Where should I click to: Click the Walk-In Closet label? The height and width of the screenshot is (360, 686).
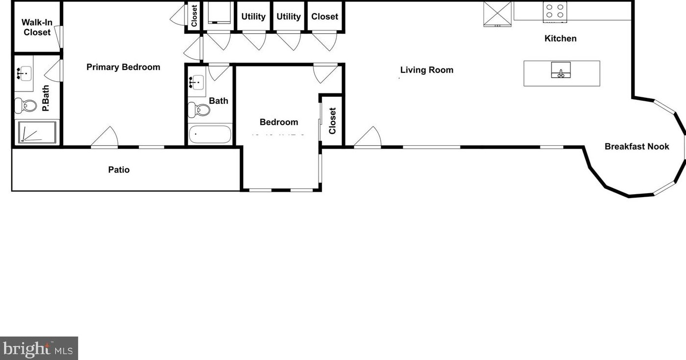(x=37, y=27)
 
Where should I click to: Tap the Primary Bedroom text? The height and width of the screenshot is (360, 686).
(x=123, y=67)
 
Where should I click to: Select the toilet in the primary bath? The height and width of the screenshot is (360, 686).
(x=26, y=105)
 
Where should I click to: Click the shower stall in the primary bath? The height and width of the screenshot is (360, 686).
(x=37, y=132)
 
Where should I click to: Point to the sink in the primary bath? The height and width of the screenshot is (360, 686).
(x=23, y=74)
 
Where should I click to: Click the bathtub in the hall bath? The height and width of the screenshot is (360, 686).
(x=210, y=135)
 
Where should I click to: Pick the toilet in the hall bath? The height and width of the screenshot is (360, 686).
(x=200, y=110)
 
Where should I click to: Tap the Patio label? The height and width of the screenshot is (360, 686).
(x=119, y=170)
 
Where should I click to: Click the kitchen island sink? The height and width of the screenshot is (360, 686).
(x=561, y=70)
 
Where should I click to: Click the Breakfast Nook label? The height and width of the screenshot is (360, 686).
(x=637, y=146)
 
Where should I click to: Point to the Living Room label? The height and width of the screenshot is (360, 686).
(x=427, y=70)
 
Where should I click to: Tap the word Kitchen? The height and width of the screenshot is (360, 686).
(x=560, y=38)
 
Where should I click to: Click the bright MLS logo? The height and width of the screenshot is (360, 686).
(x=39, y=348)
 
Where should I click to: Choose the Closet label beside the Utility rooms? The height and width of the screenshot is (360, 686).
(x=324, y=17)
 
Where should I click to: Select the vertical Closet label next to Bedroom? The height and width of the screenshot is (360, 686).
(x=332, y=121)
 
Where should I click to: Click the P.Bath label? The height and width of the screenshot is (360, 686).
(x=46, y=98)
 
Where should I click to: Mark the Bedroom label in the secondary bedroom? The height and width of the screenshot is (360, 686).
(x=278, y=122)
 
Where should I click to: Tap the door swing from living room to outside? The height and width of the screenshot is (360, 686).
(x=368, y=137)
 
